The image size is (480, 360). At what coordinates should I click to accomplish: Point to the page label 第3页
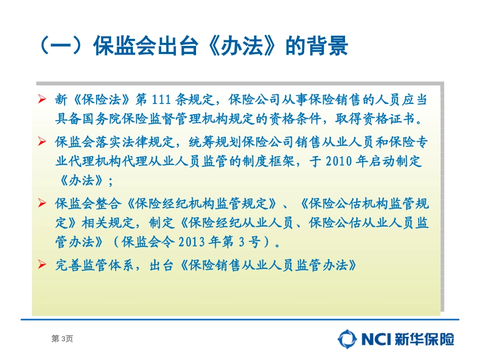coord(62,339)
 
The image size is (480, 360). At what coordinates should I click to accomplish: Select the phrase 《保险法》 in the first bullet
coord(98,100)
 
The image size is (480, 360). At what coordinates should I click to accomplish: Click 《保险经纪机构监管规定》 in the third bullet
coord(202,204)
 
